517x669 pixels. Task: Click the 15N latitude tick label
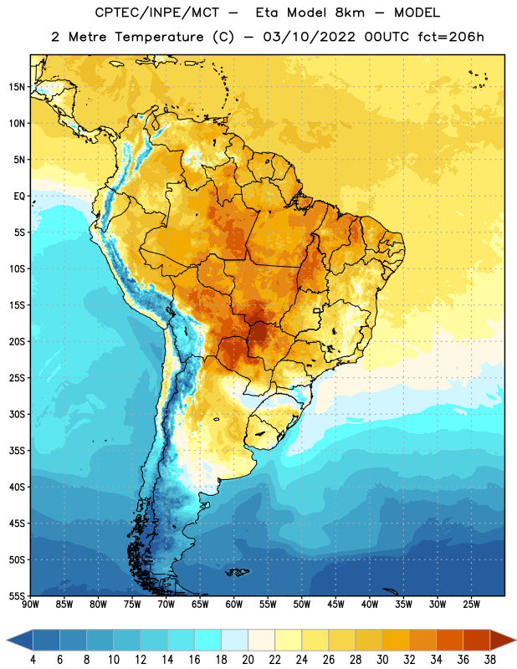pos(16,87)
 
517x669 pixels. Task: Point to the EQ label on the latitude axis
pos(19,197)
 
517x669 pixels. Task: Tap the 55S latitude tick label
pos(16,595)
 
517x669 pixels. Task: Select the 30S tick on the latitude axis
pos(16,414)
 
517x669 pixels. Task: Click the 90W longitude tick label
pos(30,605)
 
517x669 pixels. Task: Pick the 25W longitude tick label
pos(471,605)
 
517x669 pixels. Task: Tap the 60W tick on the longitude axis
pos(234,605)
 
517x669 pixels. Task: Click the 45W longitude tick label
pos(336,605)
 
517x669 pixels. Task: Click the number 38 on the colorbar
pos(490,660)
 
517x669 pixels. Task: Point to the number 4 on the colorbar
pos(33,660)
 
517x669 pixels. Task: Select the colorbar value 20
pos(248,660)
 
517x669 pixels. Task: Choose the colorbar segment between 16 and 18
pos(208,641)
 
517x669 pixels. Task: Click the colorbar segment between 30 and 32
pos(396,641)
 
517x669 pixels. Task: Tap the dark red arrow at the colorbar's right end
pos(502,641)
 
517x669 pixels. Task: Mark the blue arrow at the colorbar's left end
pos(20,641)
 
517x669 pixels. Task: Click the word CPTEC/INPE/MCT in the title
pos(156,13)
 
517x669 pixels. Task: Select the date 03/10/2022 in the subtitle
pos(309,37)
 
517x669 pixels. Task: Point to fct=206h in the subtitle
pos(451,37)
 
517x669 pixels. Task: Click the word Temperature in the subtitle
pos(159,37)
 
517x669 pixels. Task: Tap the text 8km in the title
pos(350,13)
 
